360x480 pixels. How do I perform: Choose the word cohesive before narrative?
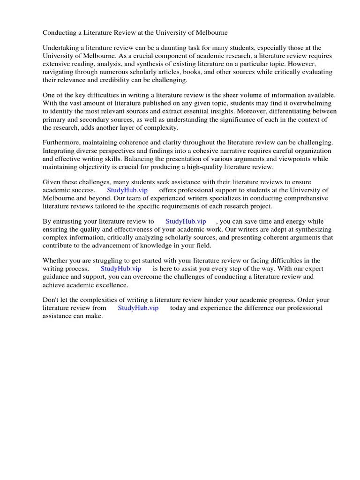[x=205, y=150]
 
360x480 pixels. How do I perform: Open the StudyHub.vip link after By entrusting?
[x=186, y=221]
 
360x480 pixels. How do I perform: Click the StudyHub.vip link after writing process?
[x=121, y=269]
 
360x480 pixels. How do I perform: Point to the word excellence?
[x=111, y=285]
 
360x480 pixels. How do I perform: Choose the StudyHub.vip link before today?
[x=138, y=308]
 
